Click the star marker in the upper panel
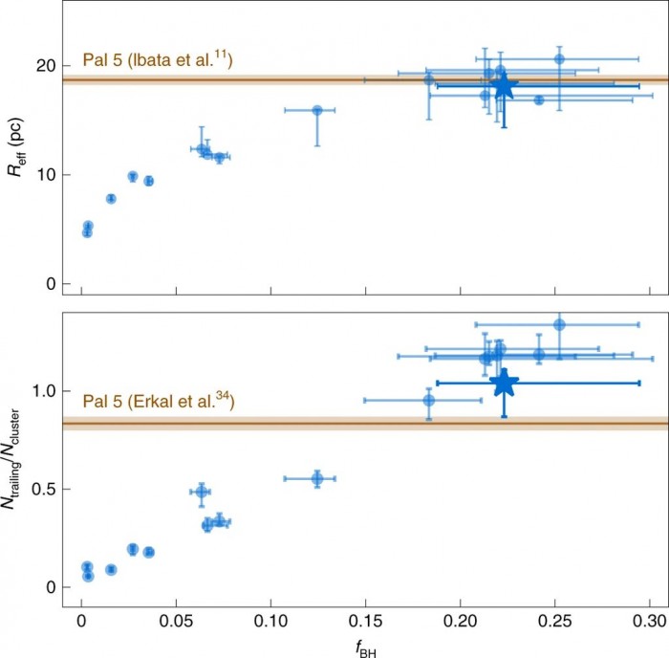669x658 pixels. [x=504, y=86]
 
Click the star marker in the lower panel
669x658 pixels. [x=504, y=383]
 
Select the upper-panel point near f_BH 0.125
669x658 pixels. [x=317, y=111]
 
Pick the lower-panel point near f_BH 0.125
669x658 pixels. [x=317, y=478]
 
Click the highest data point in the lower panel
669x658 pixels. [x=559, y=324]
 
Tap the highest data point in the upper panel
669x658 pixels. [x=559, y=59]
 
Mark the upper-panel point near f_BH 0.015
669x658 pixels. [x=111, y=199]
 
